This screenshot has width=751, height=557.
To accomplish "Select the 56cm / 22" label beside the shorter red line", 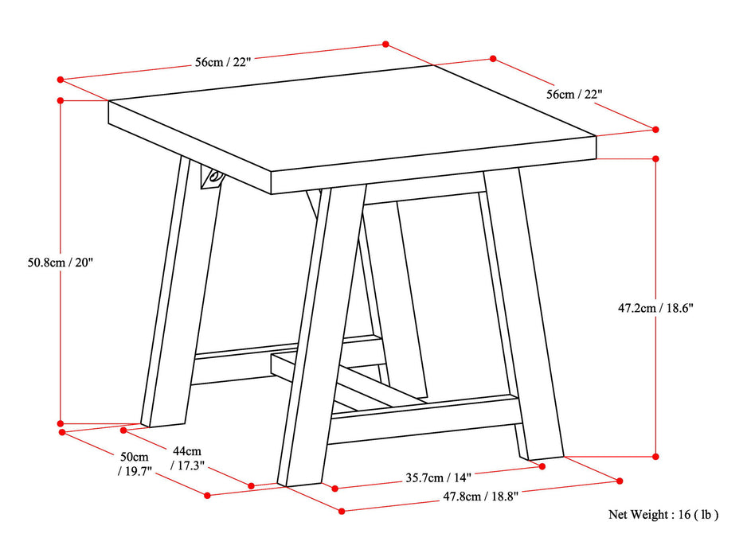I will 573,94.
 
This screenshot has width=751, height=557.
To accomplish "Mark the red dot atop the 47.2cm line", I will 655,158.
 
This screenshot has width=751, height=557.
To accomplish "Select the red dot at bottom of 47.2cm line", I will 655,457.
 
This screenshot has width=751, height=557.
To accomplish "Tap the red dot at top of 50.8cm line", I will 61,100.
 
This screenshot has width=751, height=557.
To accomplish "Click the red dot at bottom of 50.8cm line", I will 61,423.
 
